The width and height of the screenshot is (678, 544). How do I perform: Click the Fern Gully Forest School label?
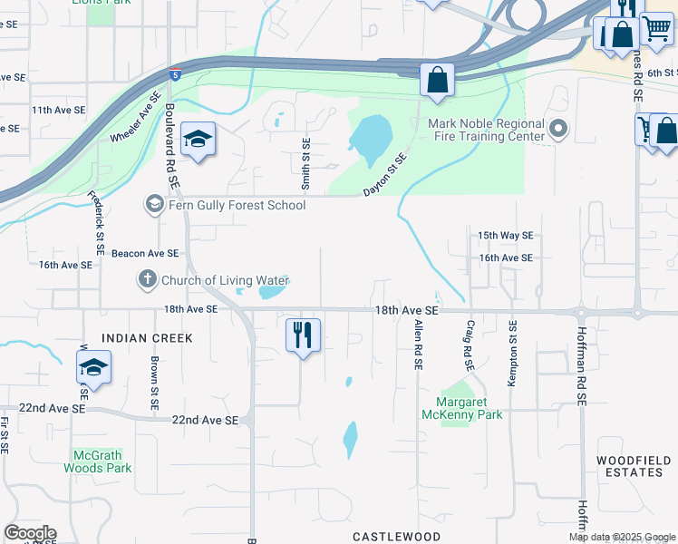(x=236, y=205)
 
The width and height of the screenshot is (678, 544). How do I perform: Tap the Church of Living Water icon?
(x=148, y=280)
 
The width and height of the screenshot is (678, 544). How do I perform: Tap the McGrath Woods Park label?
(x=98, y=461)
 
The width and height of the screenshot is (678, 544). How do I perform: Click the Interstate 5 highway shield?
(x=175, y=73)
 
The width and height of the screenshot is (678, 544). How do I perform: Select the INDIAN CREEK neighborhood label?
(x=148, y=338)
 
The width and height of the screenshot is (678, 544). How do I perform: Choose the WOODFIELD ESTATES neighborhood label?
(x=634, y=467)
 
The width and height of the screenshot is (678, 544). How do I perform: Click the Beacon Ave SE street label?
(x=145, y=254)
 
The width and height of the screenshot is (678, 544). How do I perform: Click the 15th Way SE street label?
(x=506, y=235)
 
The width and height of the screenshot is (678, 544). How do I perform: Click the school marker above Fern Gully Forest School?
(x=197, y=140)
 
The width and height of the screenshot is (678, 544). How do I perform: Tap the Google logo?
(x=30, y=533)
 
